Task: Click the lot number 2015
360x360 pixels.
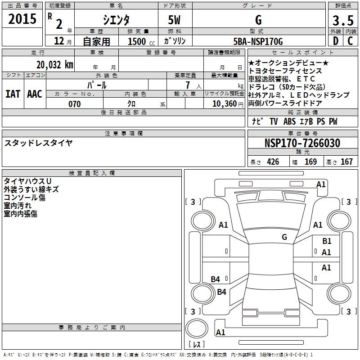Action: click(22, 19)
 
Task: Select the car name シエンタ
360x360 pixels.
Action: click(116, 20)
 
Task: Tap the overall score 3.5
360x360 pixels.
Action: click(342, 21)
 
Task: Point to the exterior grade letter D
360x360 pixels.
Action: click(335, 41)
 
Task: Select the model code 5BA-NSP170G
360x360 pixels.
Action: click(258, 41)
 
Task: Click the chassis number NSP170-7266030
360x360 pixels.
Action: click(302, 143)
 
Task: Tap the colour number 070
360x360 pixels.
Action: click(74, 104)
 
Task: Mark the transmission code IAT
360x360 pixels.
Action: click(13, 94)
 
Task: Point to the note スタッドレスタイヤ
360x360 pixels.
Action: click(38, 143)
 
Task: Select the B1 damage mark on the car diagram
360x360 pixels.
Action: click(327, 241)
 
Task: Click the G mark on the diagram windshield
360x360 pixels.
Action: click(284, 237)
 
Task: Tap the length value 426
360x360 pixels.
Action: click(273, 162)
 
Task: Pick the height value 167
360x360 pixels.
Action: click(346, 162)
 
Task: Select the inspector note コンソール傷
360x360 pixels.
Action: click(25, 198)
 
